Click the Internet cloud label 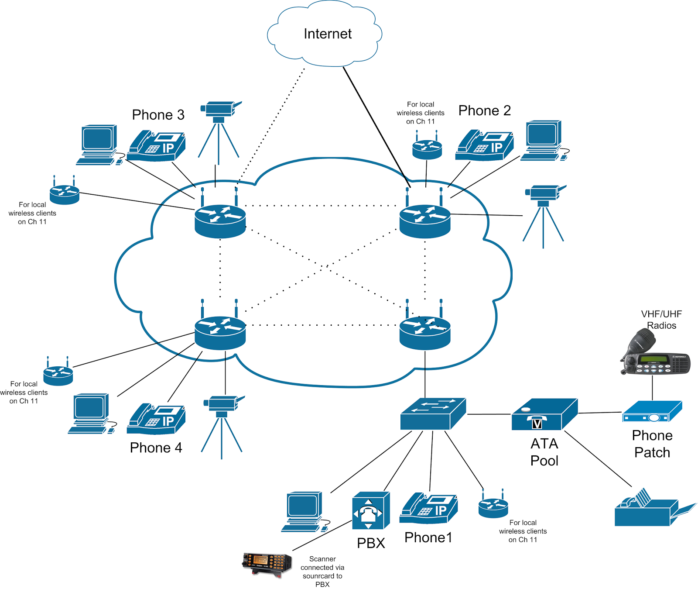[327, 34]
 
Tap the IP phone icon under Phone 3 [156, 146]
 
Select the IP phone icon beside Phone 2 [484, 145]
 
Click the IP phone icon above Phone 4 [156, 419]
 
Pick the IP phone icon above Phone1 [428, 509]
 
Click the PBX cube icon [370, 511]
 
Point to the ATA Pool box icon [544, 415]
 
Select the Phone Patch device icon [652, 412]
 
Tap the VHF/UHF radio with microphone [654, 355]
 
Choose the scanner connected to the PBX [267, 564]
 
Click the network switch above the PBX [433, 413]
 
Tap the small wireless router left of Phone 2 [427, 146]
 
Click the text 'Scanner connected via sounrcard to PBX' [322, 572]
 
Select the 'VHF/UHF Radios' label [661, 320]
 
